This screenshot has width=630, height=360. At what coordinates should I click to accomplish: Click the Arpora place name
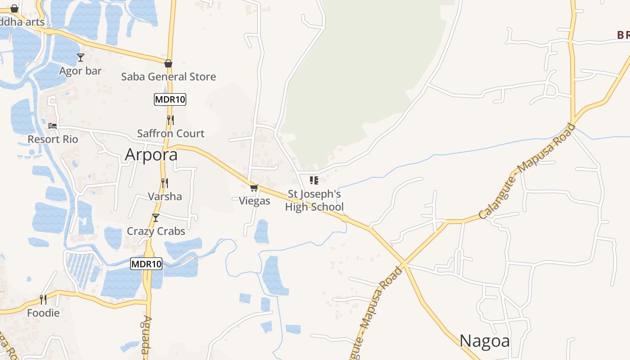(151, 155)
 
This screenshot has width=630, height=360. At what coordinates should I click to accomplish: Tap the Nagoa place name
(485, 341)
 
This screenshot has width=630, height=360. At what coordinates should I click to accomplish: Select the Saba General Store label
(168, 77)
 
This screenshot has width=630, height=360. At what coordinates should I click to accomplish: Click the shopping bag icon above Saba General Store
(168, 63)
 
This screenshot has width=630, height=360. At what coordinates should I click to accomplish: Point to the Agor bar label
(81, 71)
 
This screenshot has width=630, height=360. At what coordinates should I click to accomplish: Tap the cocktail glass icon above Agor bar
(81, 58)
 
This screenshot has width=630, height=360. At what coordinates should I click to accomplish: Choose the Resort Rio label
(53, 139)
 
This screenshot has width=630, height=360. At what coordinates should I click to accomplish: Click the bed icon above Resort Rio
(53, 126)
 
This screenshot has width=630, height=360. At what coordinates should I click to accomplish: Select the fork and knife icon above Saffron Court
(170, 120)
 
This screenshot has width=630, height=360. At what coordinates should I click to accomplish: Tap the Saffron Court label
(171, 134)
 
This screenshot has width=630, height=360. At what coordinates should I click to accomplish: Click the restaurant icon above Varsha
(165, 183)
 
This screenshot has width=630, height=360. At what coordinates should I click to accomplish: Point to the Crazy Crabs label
(156, 231)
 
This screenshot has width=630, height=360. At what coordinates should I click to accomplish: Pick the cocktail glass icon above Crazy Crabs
(156, 218)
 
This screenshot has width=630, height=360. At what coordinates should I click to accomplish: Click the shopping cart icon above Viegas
(254, 188)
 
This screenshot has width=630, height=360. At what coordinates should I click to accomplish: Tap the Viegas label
(254, 201)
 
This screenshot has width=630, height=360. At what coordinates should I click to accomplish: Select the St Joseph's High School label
(314, 201)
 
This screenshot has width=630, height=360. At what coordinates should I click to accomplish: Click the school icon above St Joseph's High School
(314, 180)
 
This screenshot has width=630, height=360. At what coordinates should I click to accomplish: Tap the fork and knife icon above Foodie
(43, 299)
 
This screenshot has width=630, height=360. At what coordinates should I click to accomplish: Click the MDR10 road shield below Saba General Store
(170, 99)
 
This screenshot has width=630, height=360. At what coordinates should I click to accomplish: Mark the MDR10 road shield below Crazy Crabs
(146, 264)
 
